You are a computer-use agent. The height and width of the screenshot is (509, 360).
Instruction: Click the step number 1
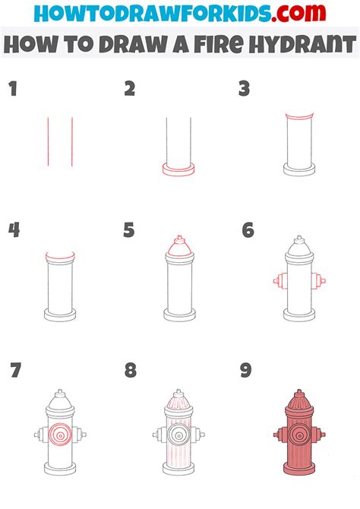12,90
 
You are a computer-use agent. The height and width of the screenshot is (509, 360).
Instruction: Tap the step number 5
129,230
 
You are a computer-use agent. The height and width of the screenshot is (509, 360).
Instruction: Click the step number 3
244,90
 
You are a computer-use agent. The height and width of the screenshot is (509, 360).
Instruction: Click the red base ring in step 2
180,169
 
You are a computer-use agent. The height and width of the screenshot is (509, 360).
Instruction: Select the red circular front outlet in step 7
60,435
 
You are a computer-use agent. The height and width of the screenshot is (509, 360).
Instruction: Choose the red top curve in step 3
298,116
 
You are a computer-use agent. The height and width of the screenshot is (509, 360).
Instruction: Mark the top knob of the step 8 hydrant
179,393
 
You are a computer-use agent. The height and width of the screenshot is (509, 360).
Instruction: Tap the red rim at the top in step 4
60,256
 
